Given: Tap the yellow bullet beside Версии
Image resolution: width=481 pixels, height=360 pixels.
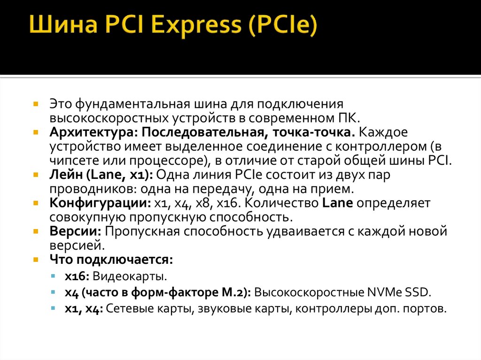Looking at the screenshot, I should click(x=36, y=232).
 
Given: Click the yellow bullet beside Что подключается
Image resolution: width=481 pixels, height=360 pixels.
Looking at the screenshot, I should click(x=36, y=260).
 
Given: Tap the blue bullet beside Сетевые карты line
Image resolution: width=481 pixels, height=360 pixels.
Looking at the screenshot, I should click(x=54, y=309).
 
